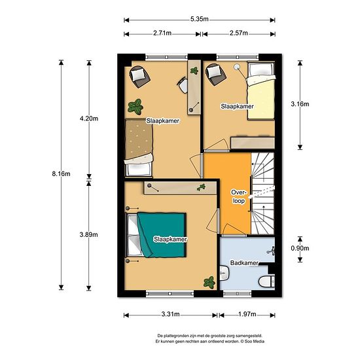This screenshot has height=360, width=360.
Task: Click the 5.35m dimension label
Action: [199, 19]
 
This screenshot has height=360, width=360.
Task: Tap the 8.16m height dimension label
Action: [61, 174]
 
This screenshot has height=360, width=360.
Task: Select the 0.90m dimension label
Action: [300, 248]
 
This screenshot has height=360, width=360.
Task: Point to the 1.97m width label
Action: [247, 314]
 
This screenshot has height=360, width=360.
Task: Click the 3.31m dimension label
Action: [170, 314]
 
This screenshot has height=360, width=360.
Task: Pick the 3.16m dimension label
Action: [300, 104]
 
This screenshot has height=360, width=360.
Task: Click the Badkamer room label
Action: [244, 263]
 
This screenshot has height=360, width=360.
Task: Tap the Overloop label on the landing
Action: [239, 196]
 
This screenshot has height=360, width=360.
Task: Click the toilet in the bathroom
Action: [267, 281]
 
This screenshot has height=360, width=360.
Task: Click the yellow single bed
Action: [261, 91]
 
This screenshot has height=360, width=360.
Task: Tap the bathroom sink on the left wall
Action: [225, 273]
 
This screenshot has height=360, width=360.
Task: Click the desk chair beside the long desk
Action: [183, 84]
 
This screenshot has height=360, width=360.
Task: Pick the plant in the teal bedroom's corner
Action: [209, 282]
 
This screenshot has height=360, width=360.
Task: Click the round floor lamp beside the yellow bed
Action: [236, 67]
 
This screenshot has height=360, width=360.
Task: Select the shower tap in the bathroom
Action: [272, 251]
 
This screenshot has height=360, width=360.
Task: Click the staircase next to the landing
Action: [263, 193]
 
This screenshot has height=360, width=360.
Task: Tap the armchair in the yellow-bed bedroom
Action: [215, 75]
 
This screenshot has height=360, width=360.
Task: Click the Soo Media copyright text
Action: [252, 342]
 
